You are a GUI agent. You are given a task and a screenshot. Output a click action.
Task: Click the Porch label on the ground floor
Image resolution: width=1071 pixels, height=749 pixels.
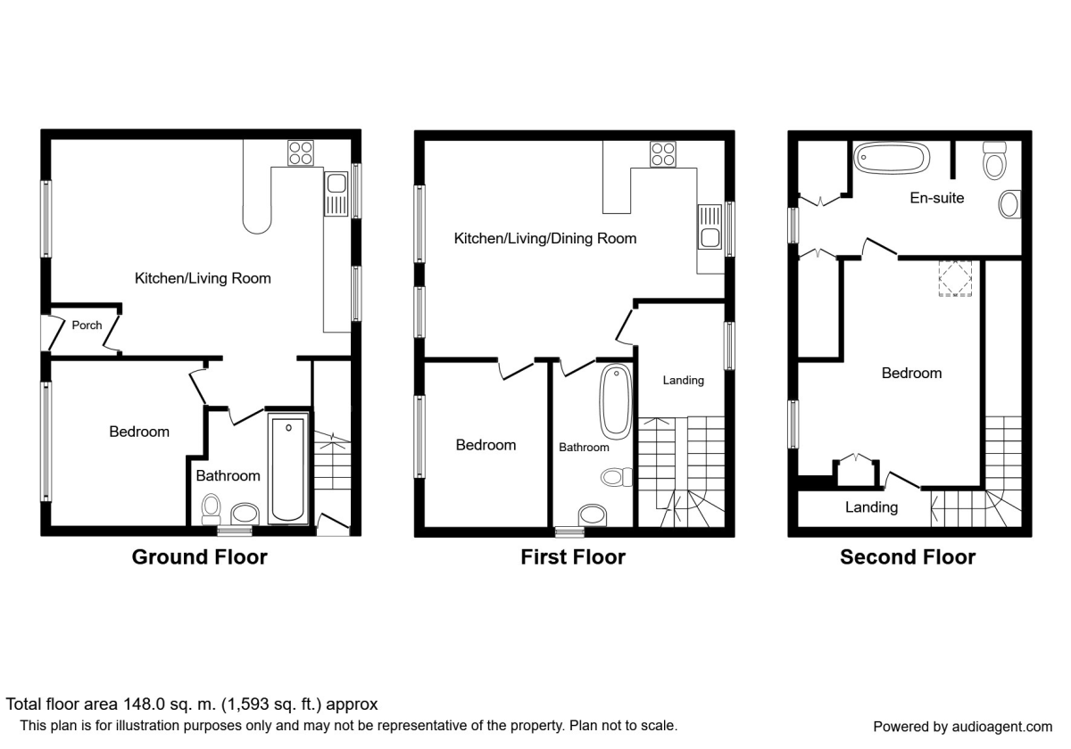[x=87, y=325]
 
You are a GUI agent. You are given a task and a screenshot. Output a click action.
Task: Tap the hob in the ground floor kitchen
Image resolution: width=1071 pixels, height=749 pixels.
[x=301, y=152]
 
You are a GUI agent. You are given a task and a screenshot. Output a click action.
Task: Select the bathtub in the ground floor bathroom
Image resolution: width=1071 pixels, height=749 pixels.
[x=288, y=469]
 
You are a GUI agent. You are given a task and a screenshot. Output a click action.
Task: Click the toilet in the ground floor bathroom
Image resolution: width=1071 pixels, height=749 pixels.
[x=211, y=510]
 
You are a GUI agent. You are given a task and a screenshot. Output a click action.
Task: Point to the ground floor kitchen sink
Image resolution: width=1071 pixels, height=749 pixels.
[x=336, y=194]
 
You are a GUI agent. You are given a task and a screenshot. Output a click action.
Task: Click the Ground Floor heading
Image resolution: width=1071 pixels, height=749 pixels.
[x=200, y=557]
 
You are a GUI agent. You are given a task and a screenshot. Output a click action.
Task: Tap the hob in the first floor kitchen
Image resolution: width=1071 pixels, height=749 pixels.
[x=663, y=154]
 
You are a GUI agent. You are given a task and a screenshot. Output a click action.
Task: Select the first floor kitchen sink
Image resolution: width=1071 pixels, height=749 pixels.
[x=710, y=226]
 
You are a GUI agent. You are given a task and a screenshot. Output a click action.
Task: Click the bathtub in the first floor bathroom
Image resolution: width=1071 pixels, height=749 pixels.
[x=617, y=402]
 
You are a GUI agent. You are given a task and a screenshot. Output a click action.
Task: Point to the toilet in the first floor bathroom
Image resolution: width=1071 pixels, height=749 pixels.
[x=617, y=477]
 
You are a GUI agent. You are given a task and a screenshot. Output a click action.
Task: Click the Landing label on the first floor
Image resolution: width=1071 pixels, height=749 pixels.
[x=684, y=380]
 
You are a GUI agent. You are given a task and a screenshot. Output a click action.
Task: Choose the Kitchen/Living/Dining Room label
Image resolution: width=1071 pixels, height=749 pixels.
[x=545, y=238]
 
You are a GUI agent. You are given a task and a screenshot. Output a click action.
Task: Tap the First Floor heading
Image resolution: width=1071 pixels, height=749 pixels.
[x=573, y=557]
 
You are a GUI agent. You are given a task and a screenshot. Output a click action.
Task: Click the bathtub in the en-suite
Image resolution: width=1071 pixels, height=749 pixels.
[x=892, y=158]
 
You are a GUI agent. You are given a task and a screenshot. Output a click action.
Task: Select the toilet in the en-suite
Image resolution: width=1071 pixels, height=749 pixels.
[x=994, y=161]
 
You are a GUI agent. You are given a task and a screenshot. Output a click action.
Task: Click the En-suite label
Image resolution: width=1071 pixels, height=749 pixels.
[x=936, y=198]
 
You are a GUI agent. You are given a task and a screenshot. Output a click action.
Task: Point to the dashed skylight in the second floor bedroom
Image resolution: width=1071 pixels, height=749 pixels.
[x=955, y=278]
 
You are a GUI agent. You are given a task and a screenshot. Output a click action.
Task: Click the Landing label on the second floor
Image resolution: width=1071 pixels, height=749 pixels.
[x=871, y=506]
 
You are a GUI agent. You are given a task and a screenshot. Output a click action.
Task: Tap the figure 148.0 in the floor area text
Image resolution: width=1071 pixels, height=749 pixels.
[x=145, y=704]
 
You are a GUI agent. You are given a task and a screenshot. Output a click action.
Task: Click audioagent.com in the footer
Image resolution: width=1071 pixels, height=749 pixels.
[x=1001, y=727]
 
